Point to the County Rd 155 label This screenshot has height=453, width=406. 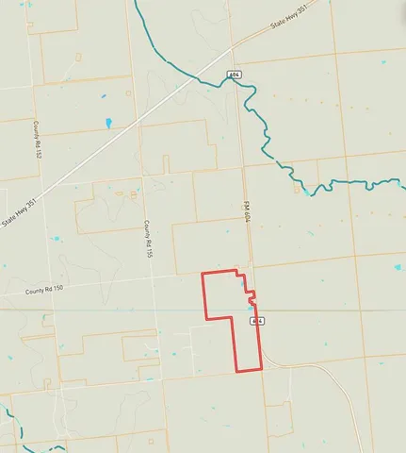(147, 240)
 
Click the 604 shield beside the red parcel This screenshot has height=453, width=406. (256, 321)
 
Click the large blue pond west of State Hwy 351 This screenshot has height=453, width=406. (108, 123)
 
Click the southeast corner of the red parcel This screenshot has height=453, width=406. (261, 370)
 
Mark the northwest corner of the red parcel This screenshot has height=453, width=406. (203, 274)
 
